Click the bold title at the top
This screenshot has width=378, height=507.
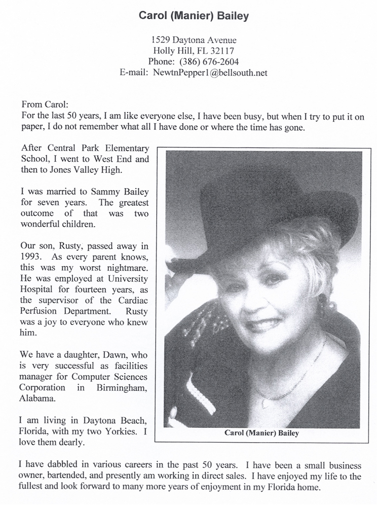click(x=194, y=16)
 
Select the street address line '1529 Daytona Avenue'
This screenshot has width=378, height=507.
click(x=194, y=40)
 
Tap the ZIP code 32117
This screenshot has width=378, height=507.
click(x=222, y=51)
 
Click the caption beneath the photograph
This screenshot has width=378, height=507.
click(x=262, y=432)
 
